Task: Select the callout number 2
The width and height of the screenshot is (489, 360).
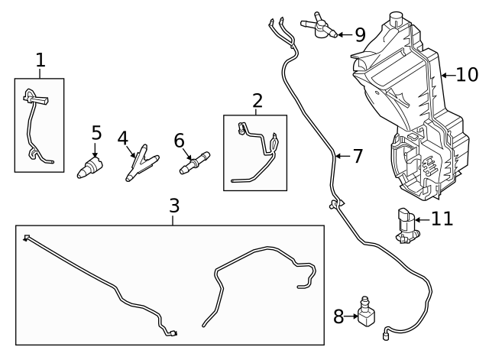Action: [257, 99]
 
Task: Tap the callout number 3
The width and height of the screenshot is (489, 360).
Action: [174, 206]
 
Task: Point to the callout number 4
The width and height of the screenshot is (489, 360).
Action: [122, 138]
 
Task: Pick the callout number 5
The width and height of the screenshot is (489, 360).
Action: [96, 133]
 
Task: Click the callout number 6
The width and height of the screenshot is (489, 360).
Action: [180, 140]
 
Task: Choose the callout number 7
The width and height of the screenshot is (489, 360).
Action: [357, 157]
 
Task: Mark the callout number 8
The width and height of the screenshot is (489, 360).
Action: [338, 316]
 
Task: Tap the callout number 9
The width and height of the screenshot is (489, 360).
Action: [359, 34]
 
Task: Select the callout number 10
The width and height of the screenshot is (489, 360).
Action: [466, 75]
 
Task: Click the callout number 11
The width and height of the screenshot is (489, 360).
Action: [442, 219]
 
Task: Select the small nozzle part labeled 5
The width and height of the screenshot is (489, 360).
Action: [91, 167]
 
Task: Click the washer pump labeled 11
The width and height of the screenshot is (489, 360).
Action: [406, 225]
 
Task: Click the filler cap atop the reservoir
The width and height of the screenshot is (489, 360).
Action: [395, 19]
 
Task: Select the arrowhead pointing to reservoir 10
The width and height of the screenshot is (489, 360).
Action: [445, 75]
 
